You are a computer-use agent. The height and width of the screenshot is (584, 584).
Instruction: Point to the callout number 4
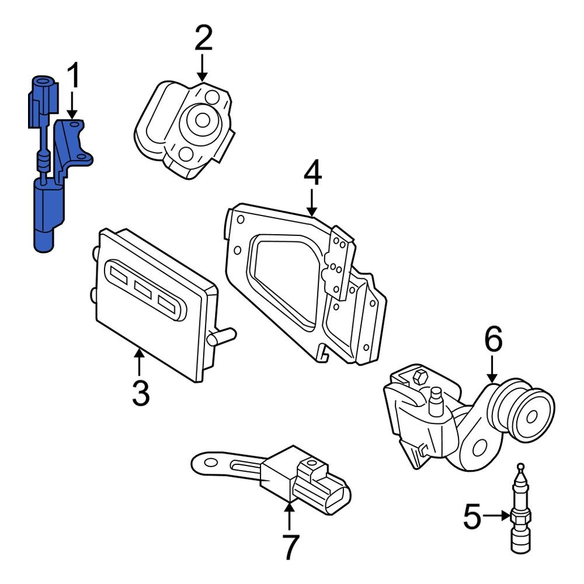(312, 174)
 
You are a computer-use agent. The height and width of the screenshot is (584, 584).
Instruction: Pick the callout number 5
(472, 516)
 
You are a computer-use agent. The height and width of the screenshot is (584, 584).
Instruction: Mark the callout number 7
(290, 547)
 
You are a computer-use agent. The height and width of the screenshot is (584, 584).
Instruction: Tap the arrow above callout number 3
(139, 361)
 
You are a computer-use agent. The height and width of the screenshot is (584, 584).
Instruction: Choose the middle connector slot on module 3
(141, 287)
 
